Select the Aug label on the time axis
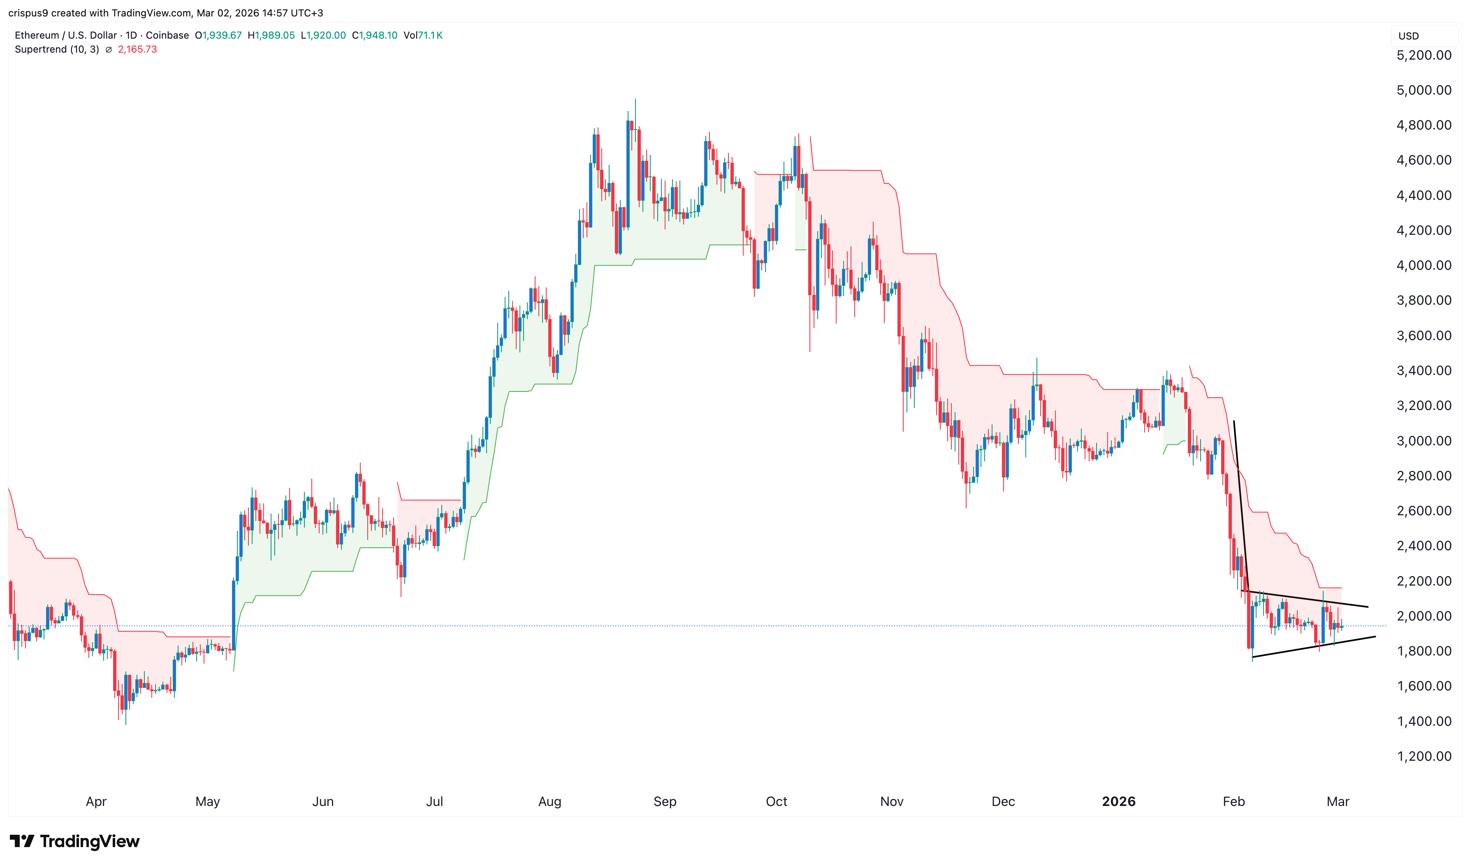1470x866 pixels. tap(549, 801)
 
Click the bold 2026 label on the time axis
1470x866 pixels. tap(1118, 801)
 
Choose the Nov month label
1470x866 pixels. tap(891, 801)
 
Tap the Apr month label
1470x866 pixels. tap(96, 801)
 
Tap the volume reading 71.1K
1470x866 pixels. tap(430, 35)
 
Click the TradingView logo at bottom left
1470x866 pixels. tap(75, 841)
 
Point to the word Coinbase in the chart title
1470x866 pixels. tap(167, 35)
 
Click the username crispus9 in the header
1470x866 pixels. tap(28, 13)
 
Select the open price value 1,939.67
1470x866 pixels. tap(222, 35)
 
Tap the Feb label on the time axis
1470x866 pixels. tap(1233, 801)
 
